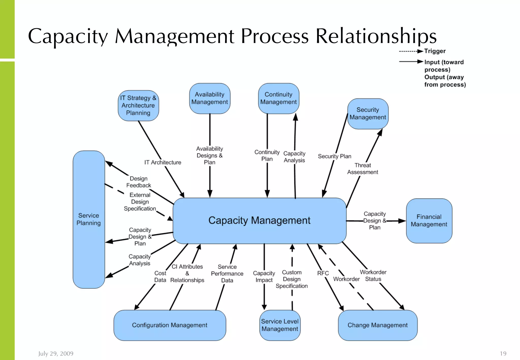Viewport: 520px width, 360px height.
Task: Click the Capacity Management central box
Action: [259, 220]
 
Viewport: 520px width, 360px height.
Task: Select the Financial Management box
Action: [429, 221]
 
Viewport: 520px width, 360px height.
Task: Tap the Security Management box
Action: [368, 113]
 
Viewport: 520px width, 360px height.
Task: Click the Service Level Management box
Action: [280, 325]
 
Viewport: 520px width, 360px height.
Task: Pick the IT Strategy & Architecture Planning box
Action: [138, 105]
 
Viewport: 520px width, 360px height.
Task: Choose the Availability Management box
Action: [209, 98]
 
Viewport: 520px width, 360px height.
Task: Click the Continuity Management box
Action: [278, 98]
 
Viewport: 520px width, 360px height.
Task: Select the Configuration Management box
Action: [170, 325]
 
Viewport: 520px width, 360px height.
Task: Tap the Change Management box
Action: [378, 325]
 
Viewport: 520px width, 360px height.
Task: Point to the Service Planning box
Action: [89, 219]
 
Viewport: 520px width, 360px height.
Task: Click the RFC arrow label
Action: [323, 273]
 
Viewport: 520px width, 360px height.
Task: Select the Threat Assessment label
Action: [363, 169]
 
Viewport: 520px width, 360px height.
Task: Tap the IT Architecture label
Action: [163, 162]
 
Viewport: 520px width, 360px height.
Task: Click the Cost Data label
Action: [160, 276]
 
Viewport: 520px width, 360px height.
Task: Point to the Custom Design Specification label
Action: [292, 279]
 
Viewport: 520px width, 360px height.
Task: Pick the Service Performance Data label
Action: [227, 273]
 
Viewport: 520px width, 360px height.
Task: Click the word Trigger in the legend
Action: [435, 51]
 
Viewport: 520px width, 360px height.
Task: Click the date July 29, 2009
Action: [56, 353]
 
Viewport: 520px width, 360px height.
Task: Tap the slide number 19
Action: [503, 353]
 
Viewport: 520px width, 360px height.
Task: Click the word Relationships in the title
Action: [376, 36]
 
